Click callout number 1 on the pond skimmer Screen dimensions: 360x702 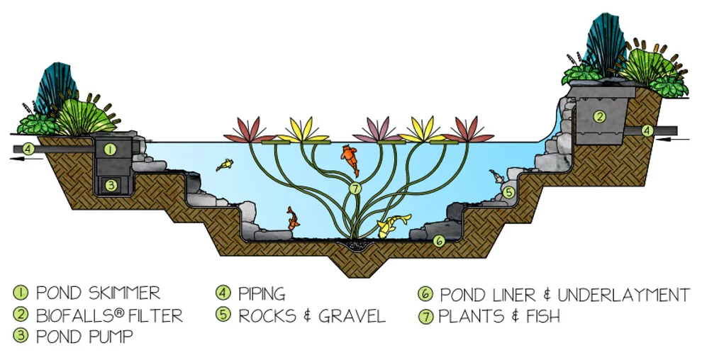(110, 150)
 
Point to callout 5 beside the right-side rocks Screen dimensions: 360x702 (508, 191)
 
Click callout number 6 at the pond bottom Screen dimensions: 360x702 (439, 241)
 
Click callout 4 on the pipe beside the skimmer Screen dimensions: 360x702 (27, 149)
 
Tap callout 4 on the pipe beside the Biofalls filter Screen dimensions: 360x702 (647, 130)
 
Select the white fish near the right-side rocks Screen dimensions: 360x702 (496, 175)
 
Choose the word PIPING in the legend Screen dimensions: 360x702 (262, 293)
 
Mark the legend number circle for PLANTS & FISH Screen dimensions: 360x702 (426, 317)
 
